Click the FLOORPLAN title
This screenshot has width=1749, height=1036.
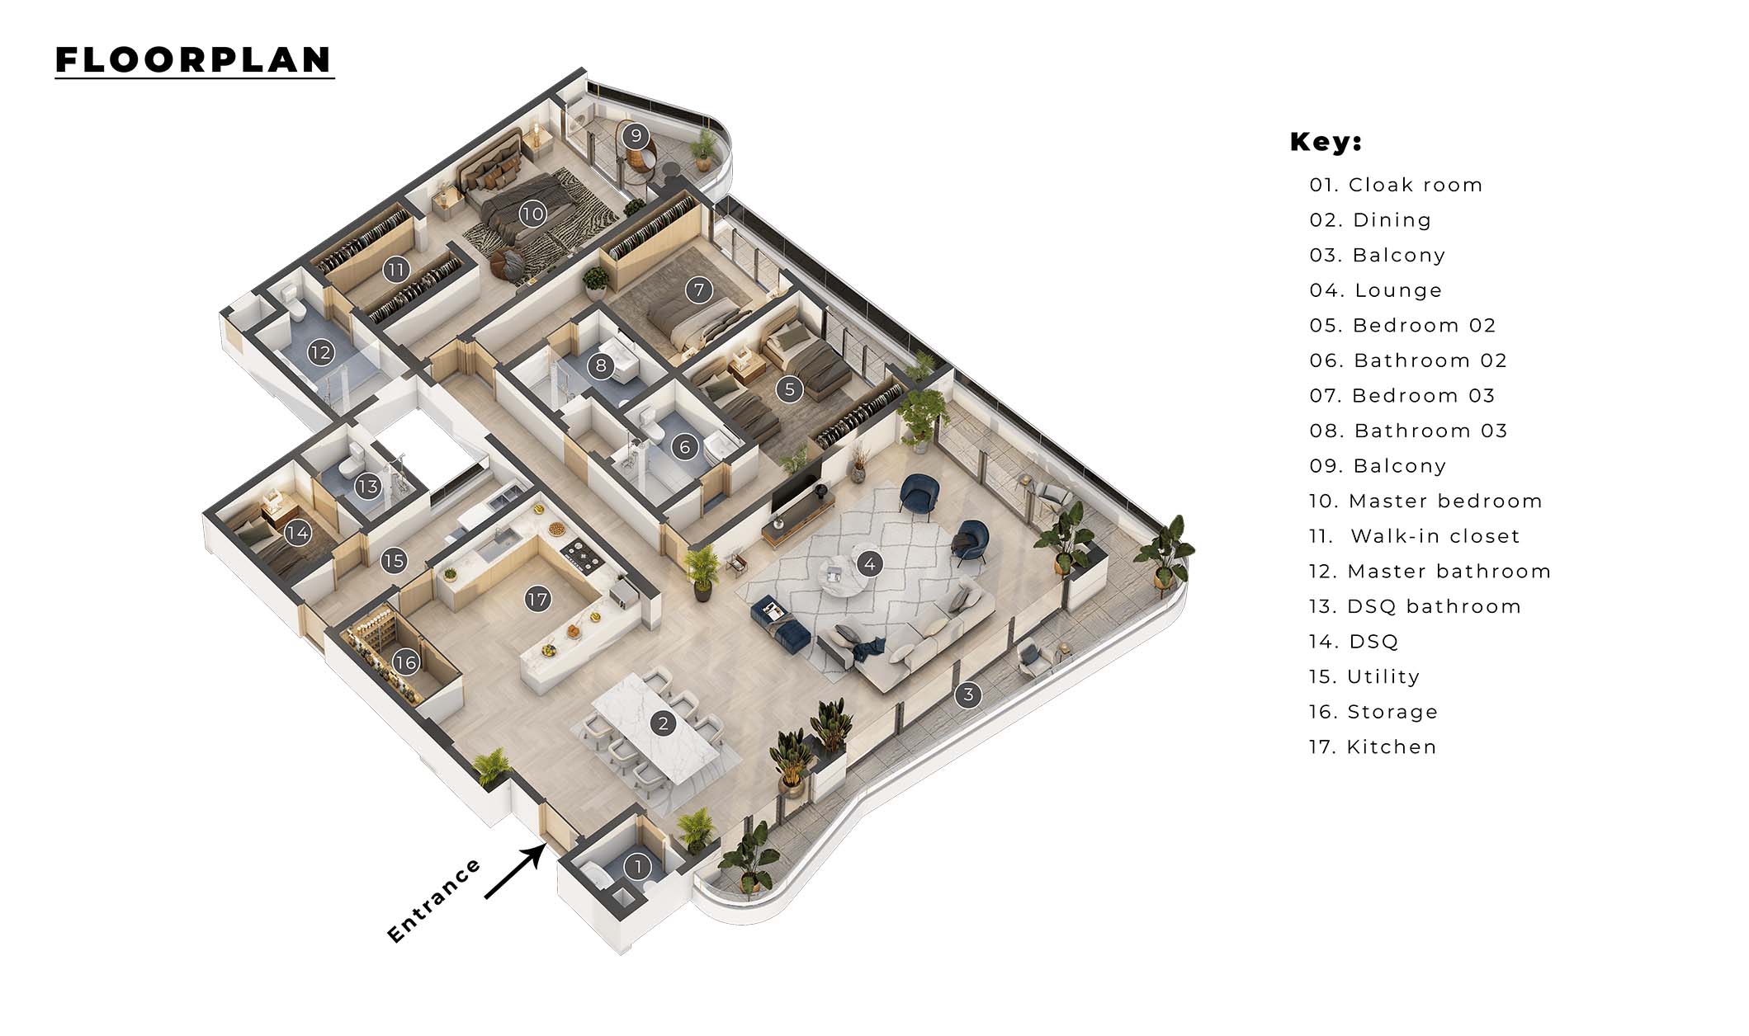[194, 60]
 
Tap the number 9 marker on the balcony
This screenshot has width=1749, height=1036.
[635, 134]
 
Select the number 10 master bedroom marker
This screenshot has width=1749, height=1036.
[532, 214]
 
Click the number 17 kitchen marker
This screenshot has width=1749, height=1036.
[537, 599]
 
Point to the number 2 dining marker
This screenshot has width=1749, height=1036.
[663, 724]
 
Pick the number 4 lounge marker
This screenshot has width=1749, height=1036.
[869, 564]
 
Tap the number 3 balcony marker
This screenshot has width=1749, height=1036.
[968, 695]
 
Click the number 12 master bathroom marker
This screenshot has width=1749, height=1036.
[320, 353]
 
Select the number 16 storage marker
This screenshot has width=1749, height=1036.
[406, 662]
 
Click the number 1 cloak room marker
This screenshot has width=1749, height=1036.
[637, 867]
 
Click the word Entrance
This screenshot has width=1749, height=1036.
[434, 901]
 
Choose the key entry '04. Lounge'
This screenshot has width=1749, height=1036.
[1376, 290]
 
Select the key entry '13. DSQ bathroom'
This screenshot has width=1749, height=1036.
[1415, 607]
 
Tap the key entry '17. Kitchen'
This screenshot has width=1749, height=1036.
[1373, 747]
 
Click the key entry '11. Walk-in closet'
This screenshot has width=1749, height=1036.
[1415, 536]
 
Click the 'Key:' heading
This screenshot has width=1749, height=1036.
[1326, 142]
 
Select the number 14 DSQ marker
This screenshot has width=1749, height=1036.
[297, 533]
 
